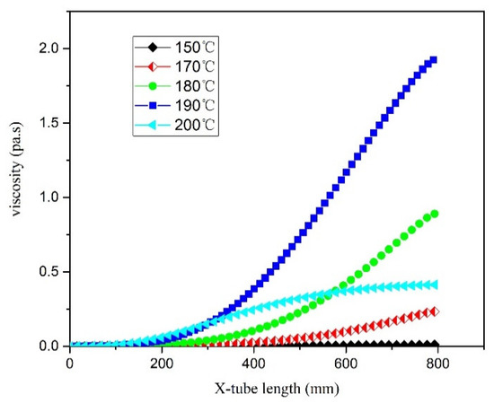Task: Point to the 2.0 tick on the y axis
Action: click(x=49, y=48)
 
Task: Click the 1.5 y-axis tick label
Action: click(x=49, y=123)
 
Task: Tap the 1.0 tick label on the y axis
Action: click(x=49, y=197)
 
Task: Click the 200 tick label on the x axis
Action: click(x=162, y=362)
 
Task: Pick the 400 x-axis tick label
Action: click(x=254, y=362)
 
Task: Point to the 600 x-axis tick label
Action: click(x=346, y=362)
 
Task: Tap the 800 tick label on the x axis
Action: click(x=438, y=362)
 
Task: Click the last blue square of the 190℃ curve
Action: click(x=434, y=60)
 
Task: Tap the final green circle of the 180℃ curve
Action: click(x=434, y=215)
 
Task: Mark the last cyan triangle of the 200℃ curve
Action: click(x=434, y=285)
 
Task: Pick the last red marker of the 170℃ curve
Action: click(x=434, y=311)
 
